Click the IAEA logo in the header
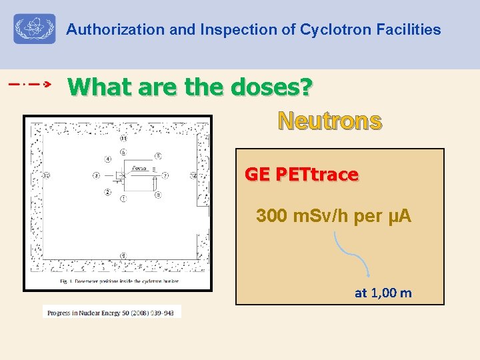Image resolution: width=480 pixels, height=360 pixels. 35,30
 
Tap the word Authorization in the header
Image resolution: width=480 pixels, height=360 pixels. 106,30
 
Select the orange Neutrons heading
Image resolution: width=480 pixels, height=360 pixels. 330,121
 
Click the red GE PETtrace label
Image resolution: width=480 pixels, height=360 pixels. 301,175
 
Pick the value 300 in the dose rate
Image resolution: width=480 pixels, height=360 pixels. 271,217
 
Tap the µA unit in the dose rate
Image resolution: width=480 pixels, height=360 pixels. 403,217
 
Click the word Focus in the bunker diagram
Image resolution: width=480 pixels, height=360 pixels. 139,168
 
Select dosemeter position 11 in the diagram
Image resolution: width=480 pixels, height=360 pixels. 124,139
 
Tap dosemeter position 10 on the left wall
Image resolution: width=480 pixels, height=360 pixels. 46,176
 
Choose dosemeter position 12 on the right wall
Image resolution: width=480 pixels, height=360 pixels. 194,176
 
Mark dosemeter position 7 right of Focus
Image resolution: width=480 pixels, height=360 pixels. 166,176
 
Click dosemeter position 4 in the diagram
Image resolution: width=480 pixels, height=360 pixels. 108,159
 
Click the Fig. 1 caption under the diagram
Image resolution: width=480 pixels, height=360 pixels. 118,282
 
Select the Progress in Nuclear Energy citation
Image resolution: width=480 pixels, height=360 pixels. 112,313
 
